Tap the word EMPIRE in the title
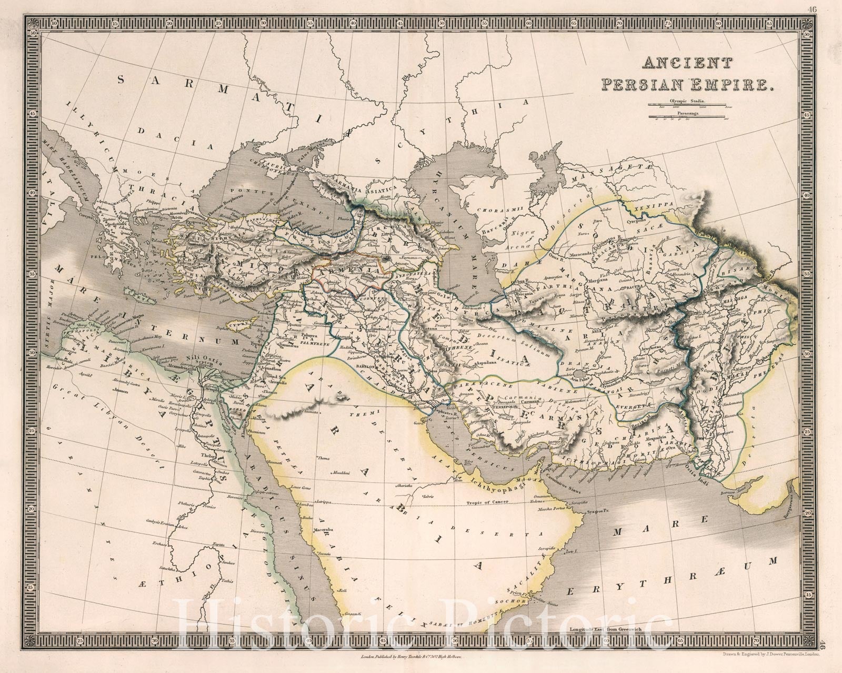(740, 84)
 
